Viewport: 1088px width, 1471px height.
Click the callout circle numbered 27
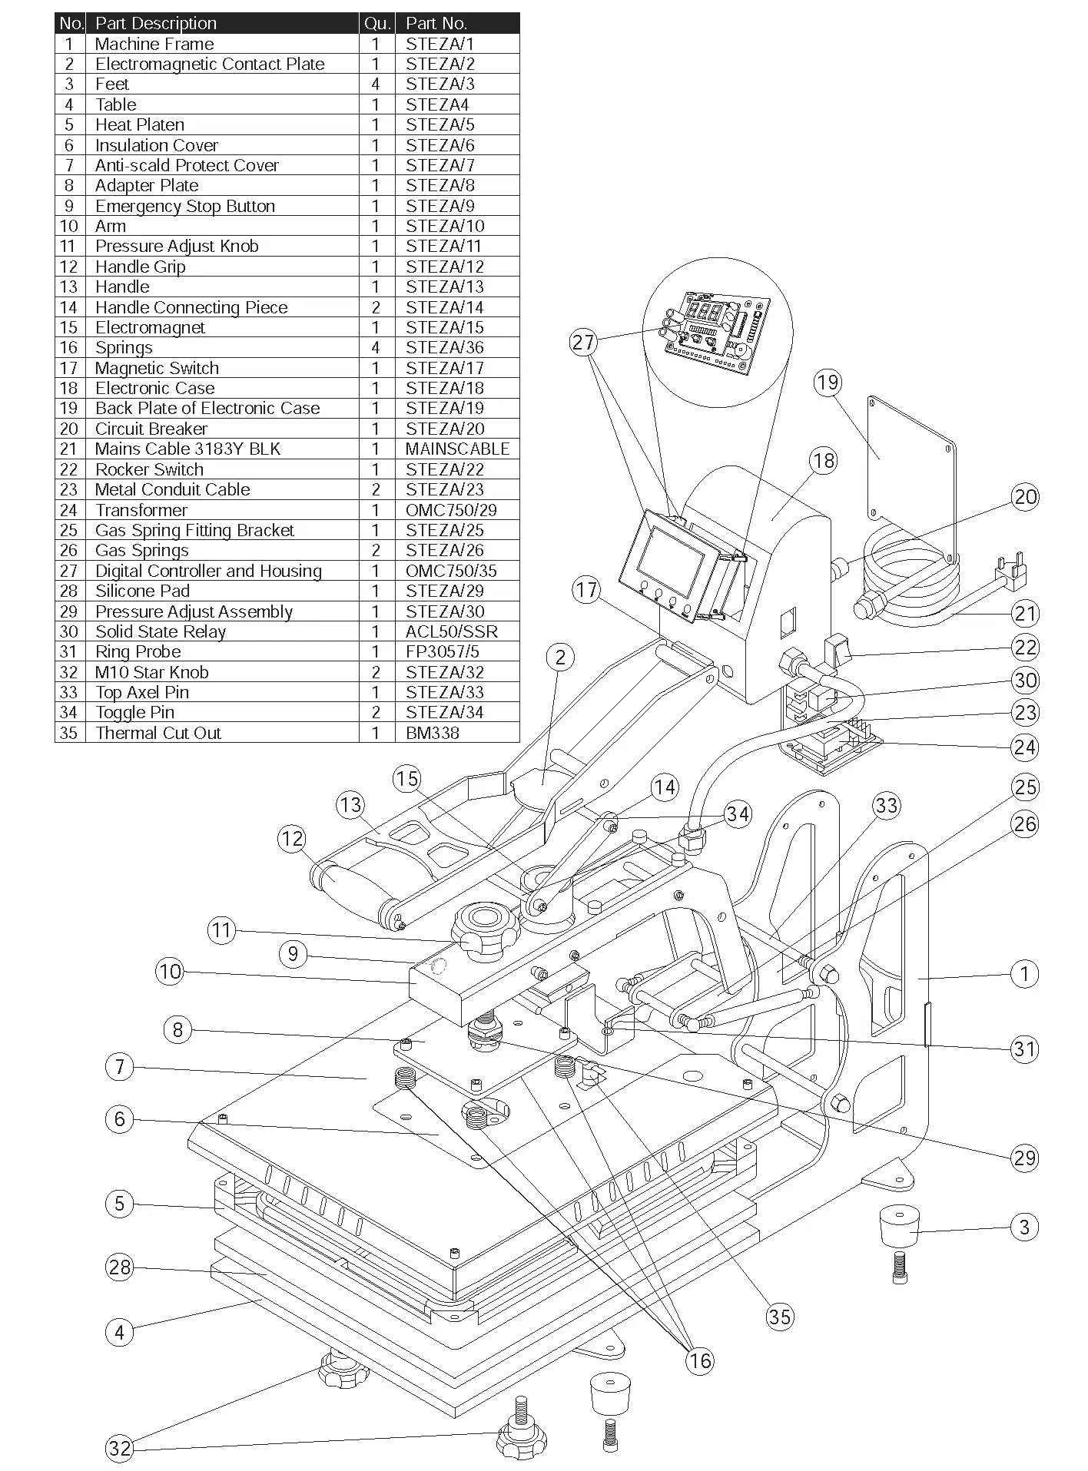pyautogui.click(x=584, y=342)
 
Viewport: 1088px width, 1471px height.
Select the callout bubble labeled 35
pyautogui.click(x=779, y=1317)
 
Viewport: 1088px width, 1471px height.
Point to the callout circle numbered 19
pyautogui.click(x=828, y=383)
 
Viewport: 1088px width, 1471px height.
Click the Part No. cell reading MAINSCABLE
pyautogui.click(x=457, y=449)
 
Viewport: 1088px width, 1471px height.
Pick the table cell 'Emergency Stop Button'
pyautogui.click(x=185, y=206)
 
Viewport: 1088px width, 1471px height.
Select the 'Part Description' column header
pyautogui.click(x=156, y=23)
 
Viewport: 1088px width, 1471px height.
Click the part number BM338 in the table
pyautogui.click(x=433, y=733)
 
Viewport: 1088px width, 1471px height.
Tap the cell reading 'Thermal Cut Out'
pyautogui.click(x=158, y=733)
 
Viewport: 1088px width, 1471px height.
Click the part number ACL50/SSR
pyautogui.click(x=452, y=631)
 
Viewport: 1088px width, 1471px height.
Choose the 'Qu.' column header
pyautogui.click(x=376, y=23)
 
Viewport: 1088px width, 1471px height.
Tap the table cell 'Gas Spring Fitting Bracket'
pyautogui.click(x=194, y=530)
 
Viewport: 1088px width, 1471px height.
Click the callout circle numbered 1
pyautogui.click(x=1023, y=974)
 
